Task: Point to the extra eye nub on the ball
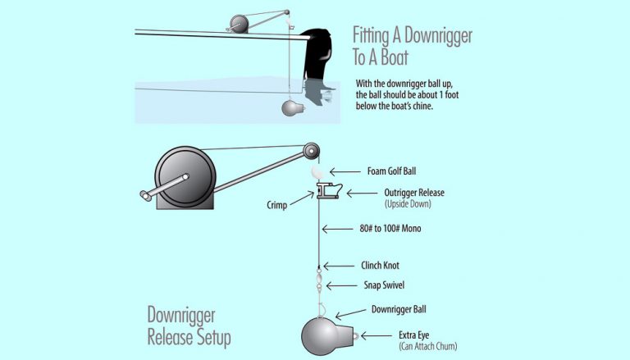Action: (349, 335)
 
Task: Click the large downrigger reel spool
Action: (185, 177)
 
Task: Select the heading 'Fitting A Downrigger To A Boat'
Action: (412, 48)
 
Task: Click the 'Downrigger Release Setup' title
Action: (189, 326)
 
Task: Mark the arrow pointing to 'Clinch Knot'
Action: (340, 266)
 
